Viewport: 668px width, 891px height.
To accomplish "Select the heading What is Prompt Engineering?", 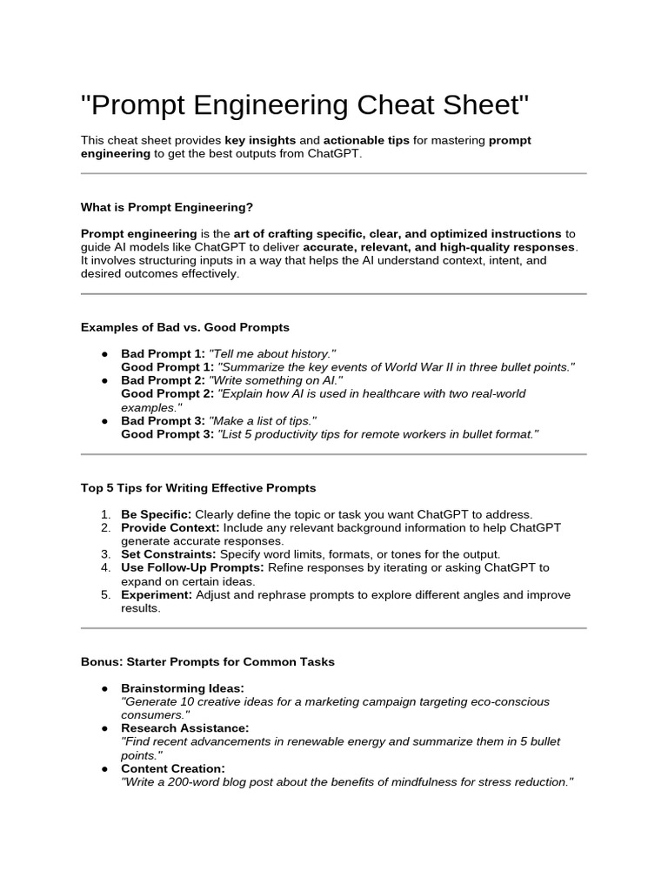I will (x=167, y=207).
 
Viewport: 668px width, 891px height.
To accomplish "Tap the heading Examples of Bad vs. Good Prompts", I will (x=185, y=327).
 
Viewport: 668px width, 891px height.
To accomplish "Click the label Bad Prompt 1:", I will (x=163, y=354).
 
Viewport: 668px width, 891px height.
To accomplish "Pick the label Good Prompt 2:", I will (x=167, y=393).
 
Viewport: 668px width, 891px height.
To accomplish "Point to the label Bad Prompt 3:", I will (x=163, y=420).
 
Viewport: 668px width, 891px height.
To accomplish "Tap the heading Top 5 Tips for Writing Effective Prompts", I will (x=198, y=487).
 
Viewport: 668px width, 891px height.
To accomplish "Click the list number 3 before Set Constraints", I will (x=104, y=554).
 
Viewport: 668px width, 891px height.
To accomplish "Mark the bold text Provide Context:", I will (x=170, y=527).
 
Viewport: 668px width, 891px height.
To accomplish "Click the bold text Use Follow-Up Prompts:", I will (x=193, y=567).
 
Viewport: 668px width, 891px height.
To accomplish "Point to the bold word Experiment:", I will (x=157, y=594).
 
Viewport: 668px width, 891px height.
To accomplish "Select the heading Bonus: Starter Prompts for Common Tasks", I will (x=208, y=661).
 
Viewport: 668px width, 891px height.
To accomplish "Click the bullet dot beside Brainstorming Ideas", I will (x=104, y=688).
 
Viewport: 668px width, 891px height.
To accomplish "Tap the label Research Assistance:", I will (x=185, y=728).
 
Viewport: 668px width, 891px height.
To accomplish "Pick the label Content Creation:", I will (x=173, y=768).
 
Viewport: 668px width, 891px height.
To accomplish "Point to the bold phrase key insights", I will (x=260, y=140).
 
